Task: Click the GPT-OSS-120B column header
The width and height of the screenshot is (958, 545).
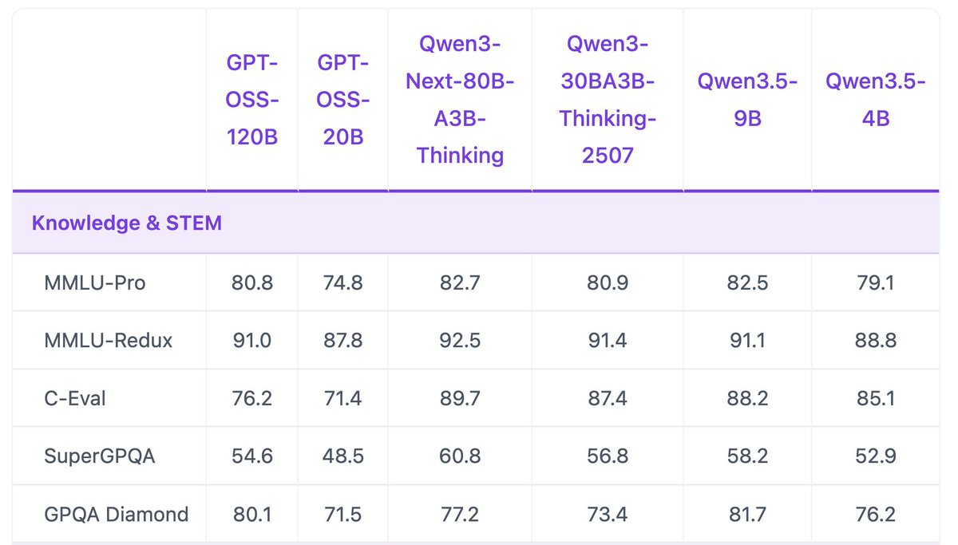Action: point(251,101)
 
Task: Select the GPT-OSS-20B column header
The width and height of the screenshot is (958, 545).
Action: point(342,101)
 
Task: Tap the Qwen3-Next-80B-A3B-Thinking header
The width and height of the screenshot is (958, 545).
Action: point(460,101)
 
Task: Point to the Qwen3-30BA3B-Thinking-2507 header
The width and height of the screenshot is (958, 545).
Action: point(608,101)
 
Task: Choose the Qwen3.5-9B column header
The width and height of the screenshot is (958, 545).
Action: point(747,101)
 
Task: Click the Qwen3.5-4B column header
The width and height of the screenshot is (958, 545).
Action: point(875,101)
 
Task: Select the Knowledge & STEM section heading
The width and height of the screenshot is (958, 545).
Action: point(127,223)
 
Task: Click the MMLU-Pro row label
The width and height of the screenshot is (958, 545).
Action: point(95,282)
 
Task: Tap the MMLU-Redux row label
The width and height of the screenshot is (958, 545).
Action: point(109,341)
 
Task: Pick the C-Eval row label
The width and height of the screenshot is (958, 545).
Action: point(75,398)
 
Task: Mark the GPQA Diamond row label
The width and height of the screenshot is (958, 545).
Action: point(117,514)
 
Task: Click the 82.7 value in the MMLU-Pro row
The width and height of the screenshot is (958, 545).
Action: point(460,282)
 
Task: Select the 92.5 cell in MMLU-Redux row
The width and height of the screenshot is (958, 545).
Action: point(460,341)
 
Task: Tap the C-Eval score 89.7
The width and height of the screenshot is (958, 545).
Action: point(460,398)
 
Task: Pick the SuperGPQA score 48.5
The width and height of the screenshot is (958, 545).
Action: point(342,456)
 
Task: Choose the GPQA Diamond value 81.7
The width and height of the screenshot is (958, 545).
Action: point(747,514)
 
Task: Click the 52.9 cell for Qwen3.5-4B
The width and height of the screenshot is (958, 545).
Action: point(875,456)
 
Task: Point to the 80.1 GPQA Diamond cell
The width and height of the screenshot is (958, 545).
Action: point(251,514)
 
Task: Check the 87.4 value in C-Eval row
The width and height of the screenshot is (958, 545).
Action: point(608,398)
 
